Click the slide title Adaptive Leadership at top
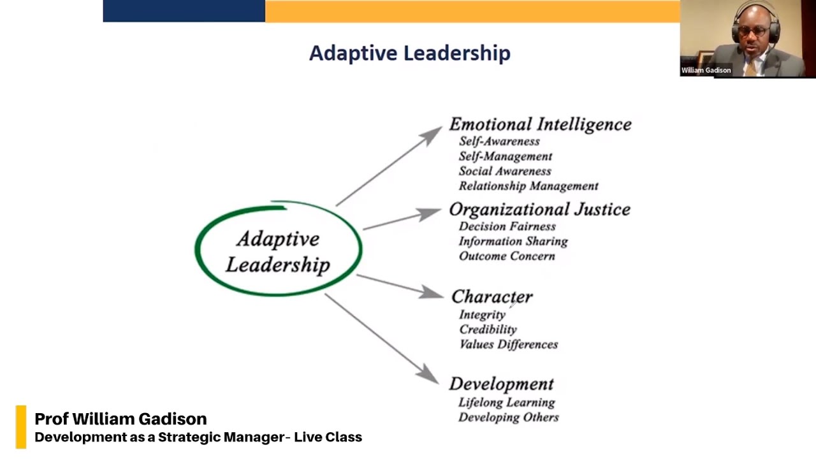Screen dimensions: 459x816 [x=409, y=53]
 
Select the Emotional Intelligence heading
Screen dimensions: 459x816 [x=540, y=124]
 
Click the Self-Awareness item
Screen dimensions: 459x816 [x=499, y=142]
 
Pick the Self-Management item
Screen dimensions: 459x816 [x=506, y=156]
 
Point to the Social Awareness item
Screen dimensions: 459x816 [x=505, y=171]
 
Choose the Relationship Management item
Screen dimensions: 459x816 [x=528, y=186]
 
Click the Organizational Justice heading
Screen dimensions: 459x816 [x=539, y=210]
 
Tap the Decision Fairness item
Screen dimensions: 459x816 [x=507, y=226]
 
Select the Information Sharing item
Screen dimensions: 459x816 [x=513, y=241]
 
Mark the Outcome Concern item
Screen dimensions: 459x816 [x=507, y=256]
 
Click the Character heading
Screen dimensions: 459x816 [x=492, y=297]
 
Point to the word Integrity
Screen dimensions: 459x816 [x=482, y=314]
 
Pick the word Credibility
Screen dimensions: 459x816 [x=488, y=330]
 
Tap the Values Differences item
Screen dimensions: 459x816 [x=509, y=344]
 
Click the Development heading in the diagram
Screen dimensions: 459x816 [x=501, y=384]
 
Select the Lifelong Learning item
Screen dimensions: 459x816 [x=507, y=402]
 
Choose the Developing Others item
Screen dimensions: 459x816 [x=509, y=418]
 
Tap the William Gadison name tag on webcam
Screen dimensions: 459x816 [x=706, y=70]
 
